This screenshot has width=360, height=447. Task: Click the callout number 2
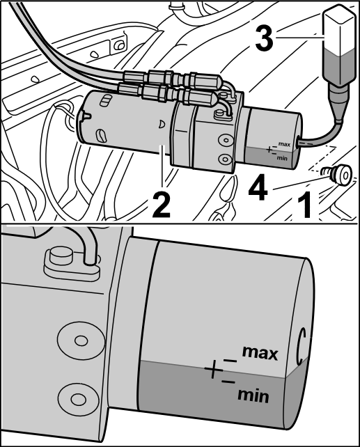tap(161, 204)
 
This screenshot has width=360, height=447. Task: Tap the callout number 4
tap(258, 188)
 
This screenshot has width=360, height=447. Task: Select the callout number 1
tap(304, 204)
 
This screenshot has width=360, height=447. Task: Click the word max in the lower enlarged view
tap(260, 353)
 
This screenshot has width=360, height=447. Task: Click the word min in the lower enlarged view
tap(253, 396)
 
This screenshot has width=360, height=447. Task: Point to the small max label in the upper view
tap(284, 144)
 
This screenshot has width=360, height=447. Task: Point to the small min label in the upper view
tap(281, 157)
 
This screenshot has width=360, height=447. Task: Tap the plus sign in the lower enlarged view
tap(214, 370)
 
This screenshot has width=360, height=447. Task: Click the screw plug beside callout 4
tap(338, 173)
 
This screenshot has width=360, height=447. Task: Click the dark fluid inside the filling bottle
tap(339, 67)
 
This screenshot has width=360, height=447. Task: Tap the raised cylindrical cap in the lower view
tap(61, 257)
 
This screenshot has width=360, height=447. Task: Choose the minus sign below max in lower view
tap(230, 361)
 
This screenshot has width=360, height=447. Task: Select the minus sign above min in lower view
tap(228, 381)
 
